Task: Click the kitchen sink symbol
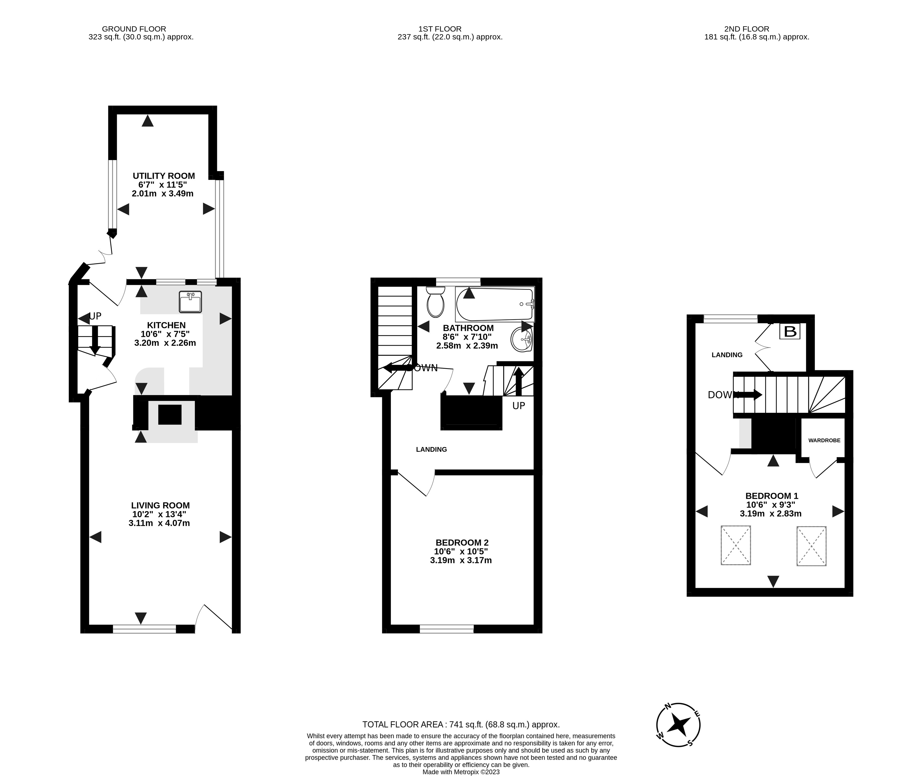pyautogui.click(x=191, y=302)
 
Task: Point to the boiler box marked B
pyautogui.click(x=790, y=331)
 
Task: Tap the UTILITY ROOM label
pyautogui.click(x=164, y=176)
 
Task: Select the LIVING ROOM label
pyautogui.click(x=160, y=505)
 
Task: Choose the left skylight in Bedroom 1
pyautogui.click(x=735, y=546)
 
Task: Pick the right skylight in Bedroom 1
pyautogui.click(x=811, y=546)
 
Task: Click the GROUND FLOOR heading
pyautogui.click(x=134, y=29)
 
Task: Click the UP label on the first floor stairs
pyautogui.click(x=519, y=405)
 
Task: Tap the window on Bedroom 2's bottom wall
pyautogui.click(x=447, y=629)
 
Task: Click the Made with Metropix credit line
pyautogui.click(x=460, y=772)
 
